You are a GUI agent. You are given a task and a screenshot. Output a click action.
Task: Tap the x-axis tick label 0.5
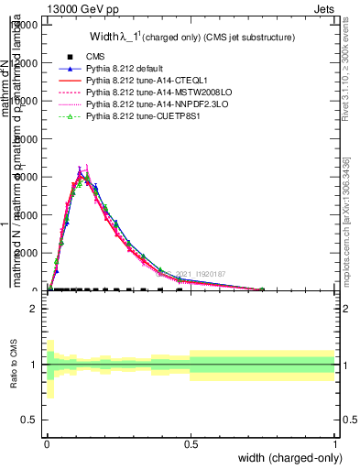point(191,443)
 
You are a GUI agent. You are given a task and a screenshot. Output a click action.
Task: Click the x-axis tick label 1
point(334,443)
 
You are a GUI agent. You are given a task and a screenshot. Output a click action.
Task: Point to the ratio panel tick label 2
point(33,309)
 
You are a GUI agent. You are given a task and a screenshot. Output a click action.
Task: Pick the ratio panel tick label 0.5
point(28,420)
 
